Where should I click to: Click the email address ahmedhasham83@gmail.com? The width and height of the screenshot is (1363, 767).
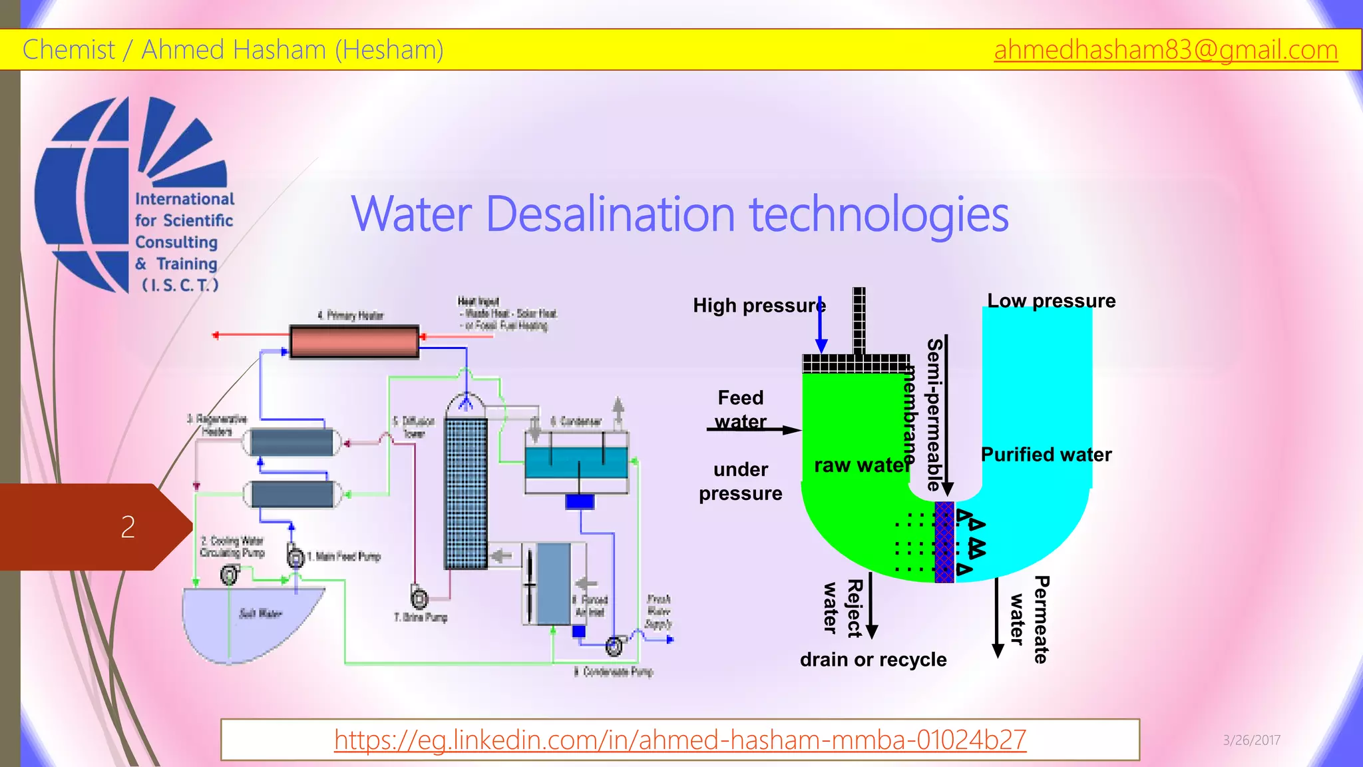1165,50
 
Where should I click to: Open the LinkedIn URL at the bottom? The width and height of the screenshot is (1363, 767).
680,740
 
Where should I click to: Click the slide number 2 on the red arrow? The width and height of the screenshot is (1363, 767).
128,527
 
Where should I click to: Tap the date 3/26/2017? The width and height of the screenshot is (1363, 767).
1251,740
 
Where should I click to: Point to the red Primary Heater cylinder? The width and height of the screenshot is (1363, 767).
354,341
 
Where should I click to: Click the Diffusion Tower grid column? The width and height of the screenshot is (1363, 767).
465,493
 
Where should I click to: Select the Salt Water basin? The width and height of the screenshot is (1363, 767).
250,623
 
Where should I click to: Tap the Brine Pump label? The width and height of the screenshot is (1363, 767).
421,617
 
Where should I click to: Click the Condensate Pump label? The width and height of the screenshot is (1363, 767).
613,672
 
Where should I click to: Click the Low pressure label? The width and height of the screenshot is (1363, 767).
1051,301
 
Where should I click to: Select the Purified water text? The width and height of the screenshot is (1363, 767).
1046,455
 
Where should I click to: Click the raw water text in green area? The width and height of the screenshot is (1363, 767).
861,465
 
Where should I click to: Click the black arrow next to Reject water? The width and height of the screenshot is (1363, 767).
871,606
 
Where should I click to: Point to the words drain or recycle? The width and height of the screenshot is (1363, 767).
873,660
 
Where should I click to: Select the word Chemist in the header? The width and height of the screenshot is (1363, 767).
69,50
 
